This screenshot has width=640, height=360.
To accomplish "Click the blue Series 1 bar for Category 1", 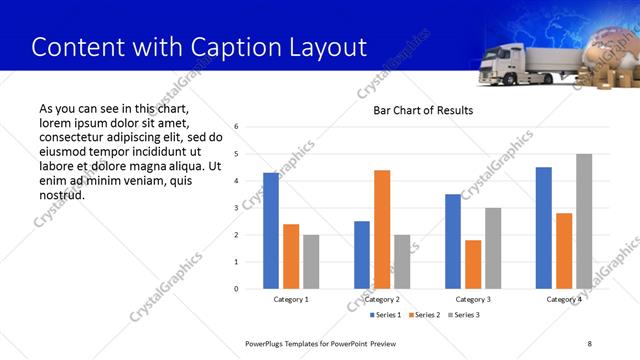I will tap(271, 231).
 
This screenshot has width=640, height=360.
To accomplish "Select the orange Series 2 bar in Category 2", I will tap(382, 229).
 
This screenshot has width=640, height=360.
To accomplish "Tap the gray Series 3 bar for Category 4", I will tap(584, 221).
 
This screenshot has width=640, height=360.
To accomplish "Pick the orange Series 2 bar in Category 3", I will tap(473, 264).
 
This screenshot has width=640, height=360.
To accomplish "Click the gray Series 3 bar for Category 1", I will tap(311, 262).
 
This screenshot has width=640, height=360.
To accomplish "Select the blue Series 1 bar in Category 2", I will tap(362, 255).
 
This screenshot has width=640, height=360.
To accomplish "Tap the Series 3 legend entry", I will tap(466, 315).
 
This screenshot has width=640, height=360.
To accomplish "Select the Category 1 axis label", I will tap(291, 299).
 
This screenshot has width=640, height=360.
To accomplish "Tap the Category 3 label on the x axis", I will tap(473, 299).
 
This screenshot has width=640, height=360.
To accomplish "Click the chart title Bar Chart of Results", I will tap(423, 110).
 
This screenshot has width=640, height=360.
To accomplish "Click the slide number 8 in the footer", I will tap(590, 343).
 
